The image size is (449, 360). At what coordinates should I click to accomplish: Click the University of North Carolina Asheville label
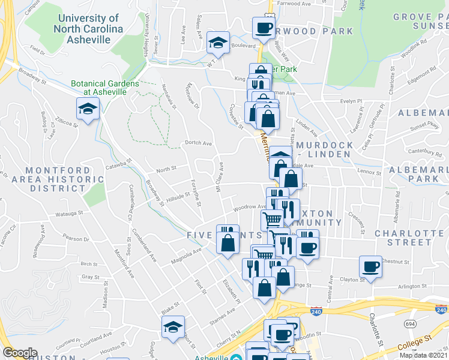coord(88,29)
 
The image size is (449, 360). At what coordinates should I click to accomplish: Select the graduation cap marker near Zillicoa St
coord(88,110)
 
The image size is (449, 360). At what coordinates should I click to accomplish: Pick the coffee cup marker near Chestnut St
coord(370,266)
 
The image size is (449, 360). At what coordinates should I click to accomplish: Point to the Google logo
coord(20,353)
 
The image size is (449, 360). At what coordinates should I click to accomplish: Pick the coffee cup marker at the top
coord(264,28)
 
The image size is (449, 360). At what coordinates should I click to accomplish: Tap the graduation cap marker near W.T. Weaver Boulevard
coord(217,42)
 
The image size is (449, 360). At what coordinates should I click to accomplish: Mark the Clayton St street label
coord(353,280)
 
